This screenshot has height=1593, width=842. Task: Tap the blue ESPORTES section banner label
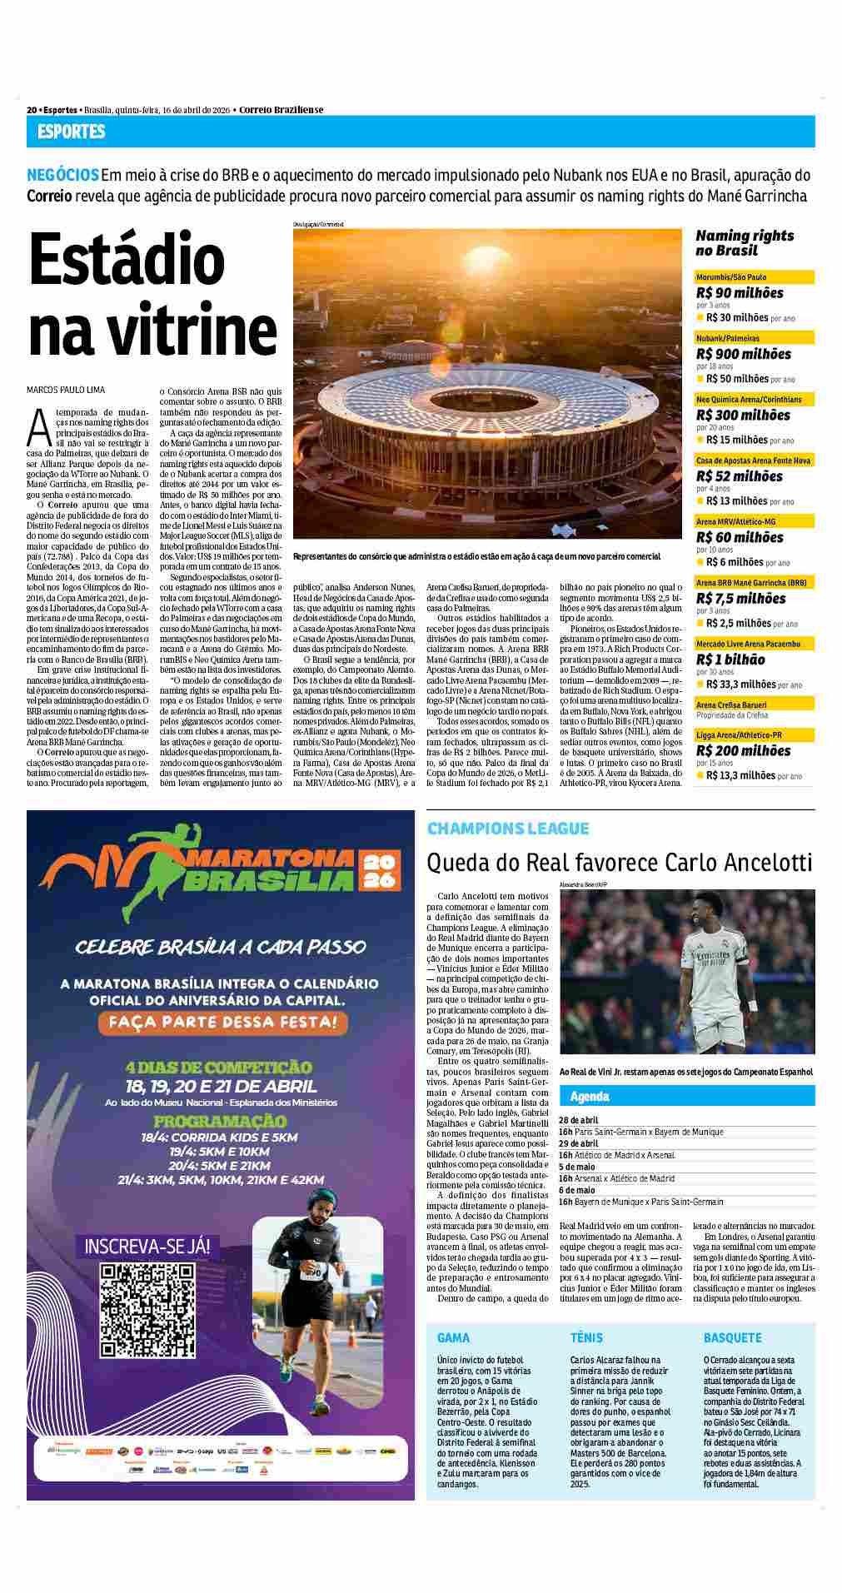click(x=71, y=132)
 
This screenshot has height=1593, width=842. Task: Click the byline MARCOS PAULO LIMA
click(x=67, y=390)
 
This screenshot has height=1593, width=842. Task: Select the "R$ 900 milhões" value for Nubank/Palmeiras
click(x=743, y=354)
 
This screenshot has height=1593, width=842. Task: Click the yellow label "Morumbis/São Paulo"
click(x=731, y=276)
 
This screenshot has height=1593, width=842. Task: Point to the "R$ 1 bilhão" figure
click(x=730, y=660)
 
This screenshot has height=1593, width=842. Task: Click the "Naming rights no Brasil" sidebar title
click(x=744, y=243)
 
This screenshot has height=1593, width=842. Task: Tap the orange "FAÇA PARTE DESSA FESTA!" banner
click(x=220, y=1021)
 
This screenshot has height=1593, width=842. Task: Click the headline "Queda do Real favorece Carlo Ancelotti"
click(x=618, y=862)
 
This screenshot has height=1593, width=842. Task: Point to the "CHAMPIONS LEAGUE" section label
click(x=507, y=829)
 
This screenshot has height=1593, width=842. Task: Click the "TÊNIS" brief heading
click(x=586, y=1337)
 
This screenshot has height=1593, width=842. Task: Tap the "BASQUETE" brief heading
click(x=732, y=1337)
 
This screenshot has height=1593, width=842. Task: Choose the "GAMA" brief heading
click(x=453, y=1337)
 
